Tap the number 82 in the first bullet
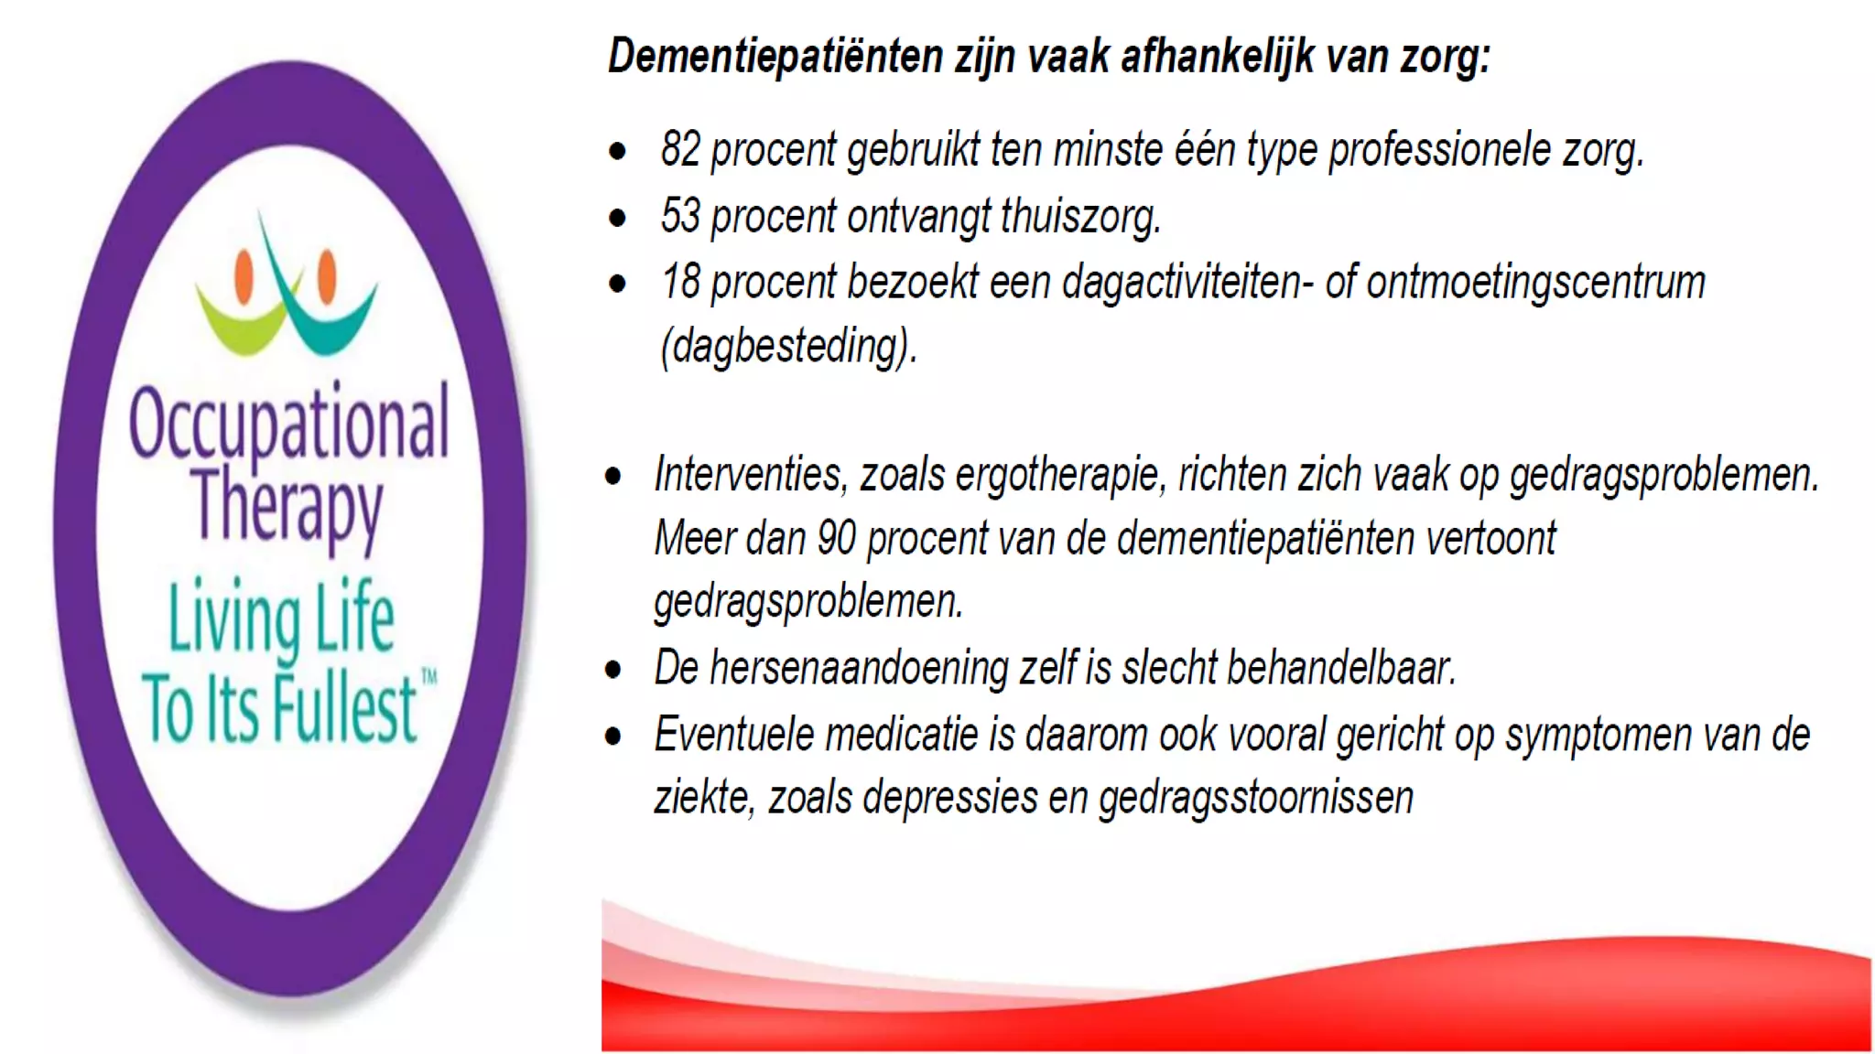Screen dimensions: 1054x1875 pos(680,150)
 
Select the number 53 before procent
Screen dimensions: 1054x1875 pos(680,217)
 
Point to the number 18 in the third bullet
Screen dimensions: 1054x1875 pos(680,282)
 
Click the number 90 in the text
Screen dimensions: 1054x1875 pos(836,538)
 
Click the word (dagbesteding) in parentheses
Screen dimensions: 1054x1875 pos(788,347)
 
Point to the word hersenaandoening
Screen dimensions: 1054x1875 pos(859,668)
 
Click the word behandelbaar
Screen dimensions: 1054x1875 pos(1339,668)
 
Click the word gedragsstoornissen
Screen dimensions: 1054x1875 pos(1255,798)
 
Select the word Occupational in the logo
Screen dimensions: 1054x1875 pos(288,424)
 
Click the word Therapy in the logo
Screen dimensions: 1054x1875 pos(287,505)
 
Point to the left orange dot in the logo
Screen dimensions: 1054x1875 pos(244,274)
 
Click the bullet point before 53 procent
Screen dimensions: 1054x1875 pos(618,218)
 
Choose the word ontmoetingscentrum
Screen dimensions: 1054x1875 pos(1535,282)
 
